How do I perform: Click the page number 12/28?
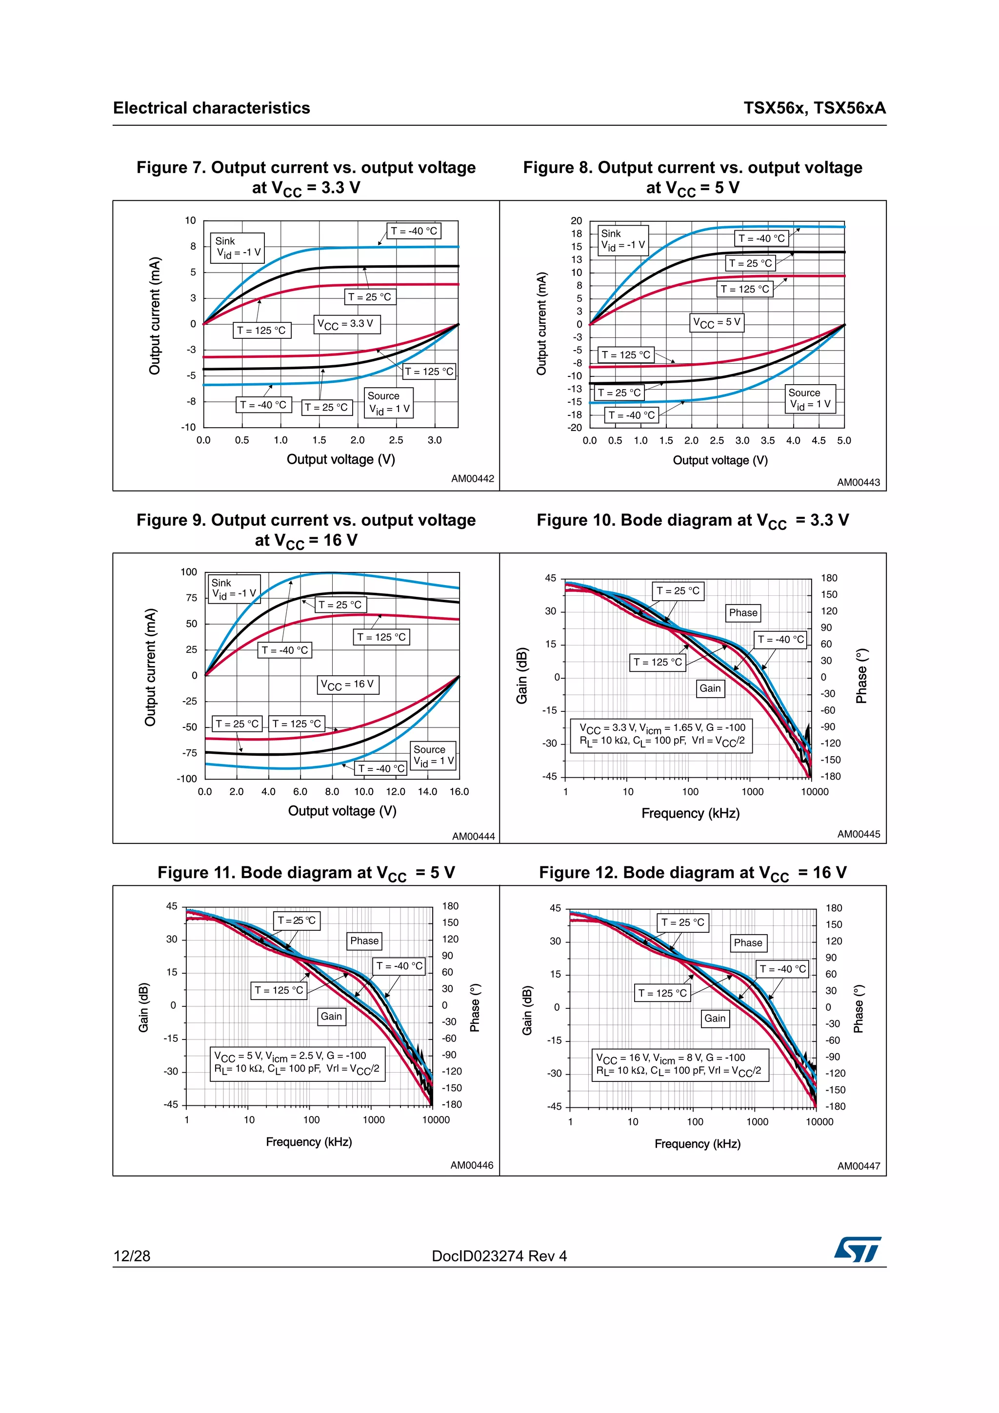click(132, 1256)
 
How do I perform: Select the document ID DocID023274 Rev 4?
click(499, 1256)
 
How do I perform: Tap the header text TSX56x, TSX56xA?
click(814, 108)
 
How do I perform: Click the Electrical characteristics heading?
click(211, 108)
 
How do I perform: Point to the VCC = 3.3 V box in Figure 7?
click(346, 324)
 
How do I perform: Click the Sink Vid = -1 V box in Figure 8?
click(623, 239)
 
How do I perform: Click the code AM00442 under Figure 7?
click(472, 479)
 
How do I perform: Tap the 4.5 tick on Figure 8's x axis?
click(818, 441)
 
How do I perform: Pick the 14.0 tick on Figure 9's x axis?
click(427, 792)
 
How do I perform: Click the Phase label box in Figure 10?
click(743, 613)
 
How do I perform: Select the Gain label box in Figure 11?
click(331, 1017)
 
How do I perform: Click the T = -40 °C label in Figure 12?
click(782, 969)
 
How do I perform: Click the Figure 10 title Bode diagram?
click(693, 521)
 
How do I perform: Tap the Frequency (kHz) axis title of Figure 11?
click(309, 1142)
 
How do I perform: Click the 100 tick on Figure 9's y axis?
click(188, 572)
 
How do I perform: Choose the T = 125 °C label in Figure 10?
click(658, 662)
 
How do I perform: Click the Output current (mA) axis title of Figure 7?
click(155, 316)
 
